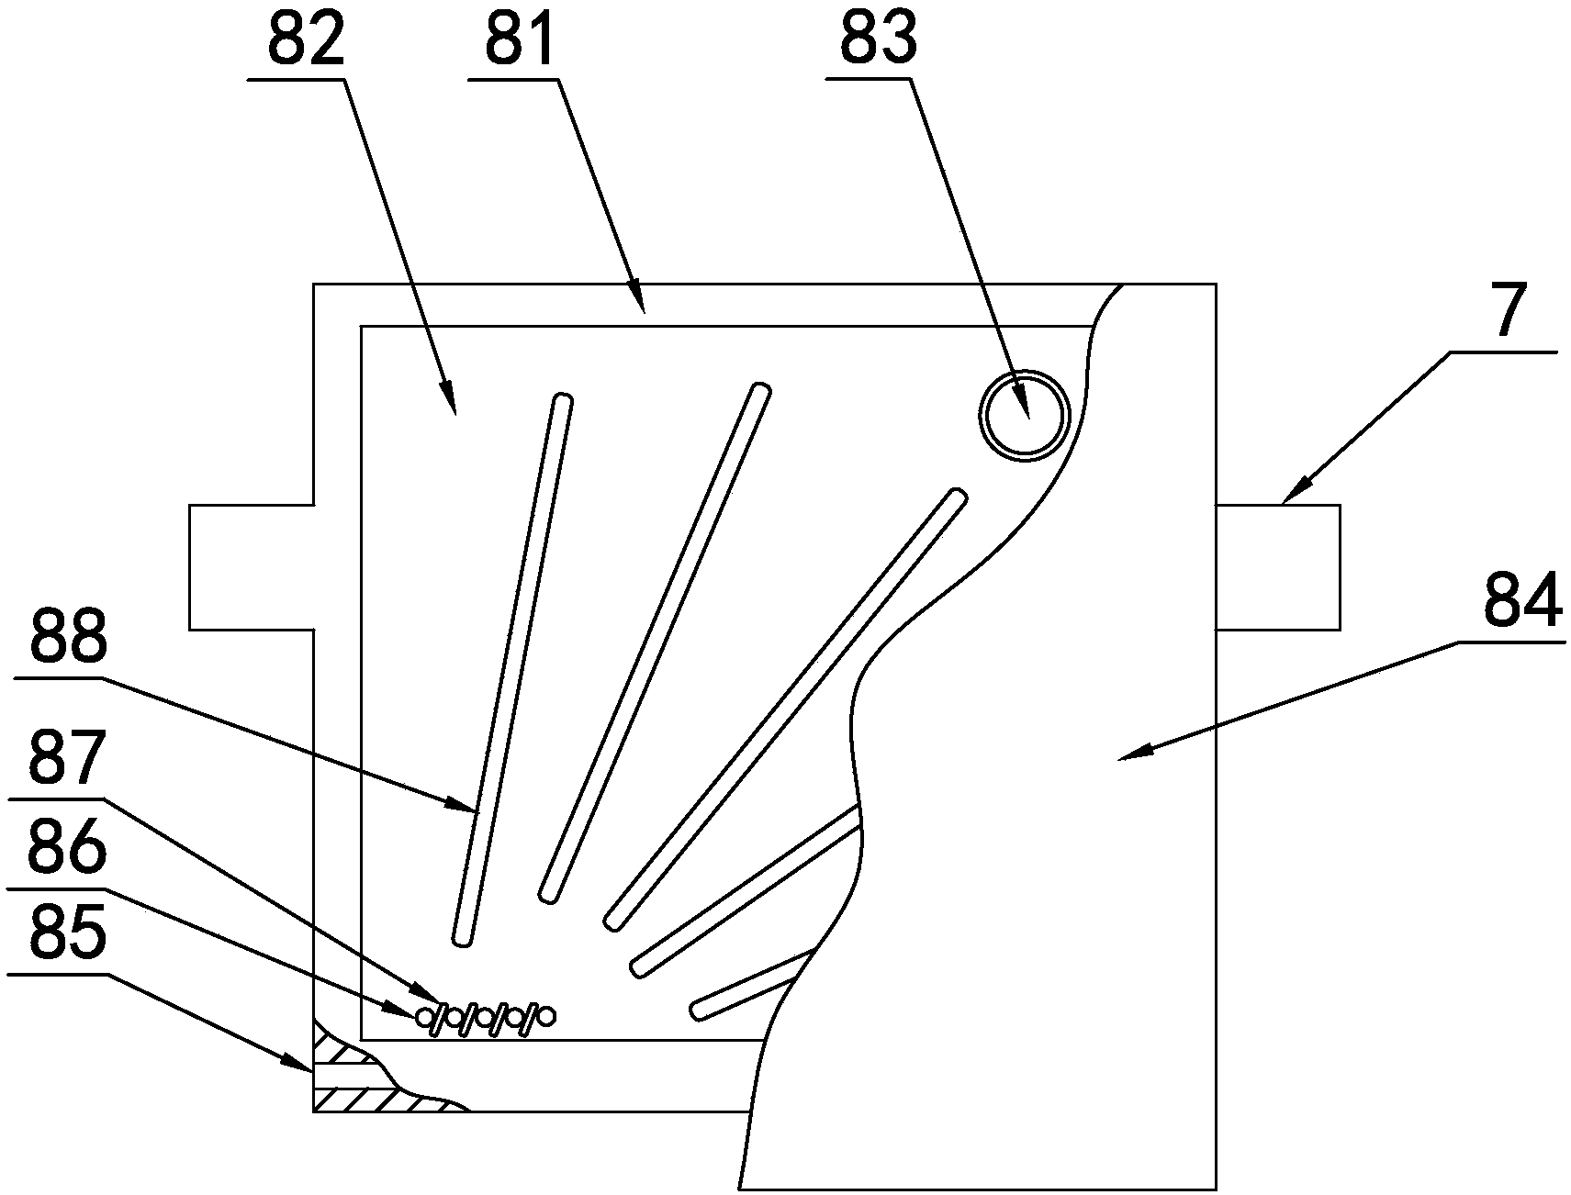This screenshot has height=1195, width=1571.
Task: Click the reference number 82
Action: pos(306,41)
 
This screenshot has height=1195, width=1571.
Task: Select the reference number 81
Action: pos(521,41)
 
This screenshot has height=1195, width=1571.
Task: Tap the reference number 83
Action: pos(878,41)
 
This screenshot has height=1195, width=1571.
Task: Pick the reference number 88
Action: pos(69,640)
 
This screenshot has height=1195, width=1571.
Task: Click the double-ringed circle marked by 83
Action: pos(1024,416)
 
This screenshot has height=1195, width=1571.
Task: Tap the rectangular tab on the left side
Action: pos(251,566)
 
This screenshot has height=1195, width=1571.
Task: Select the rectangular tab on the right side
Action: pos(1277,566)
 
